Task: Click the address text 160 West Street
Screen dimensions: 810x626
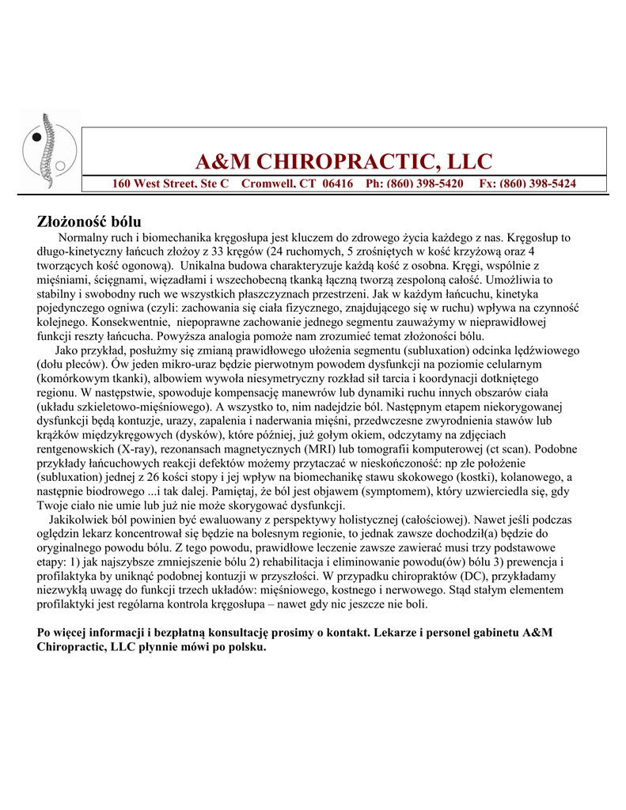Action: [150, 184]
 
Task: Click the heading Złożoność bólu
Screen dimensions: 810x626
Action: [89, 221]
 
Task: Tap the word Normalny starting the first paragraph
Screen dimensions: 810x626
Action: [85, 237]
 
